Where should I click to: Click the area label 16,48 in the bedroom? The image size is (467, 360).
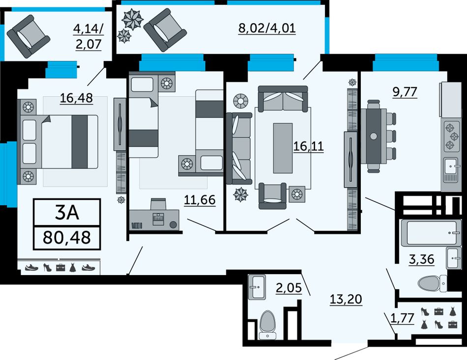point(77,98)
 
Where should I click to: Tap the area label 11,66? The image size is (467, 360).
point(200,199)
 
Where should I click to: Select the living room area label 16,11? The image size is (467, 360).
point(309,146)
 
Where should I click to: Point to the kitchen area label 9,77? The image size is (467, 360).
point(405,92)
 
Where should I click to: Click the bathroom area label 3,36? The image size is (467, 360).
point(421,259)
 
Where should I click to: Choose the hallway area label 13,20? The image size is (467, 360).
point(346,299)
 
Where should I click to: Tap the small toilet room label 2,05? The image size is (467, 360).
point(289,288)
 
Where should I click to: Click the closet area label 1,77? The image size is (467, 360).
point(402,318)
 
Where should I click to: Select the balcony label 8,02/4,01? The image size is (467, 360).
point(267,28)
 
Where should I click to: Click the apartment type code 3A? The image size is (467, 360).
point(67,213)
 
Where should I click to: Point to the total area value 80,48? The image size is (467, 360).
point(67,237)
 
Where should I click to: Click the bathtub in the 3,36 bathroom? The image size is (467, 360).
point(431,232)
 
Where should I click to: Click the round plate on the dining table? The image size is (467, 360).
point(373,137)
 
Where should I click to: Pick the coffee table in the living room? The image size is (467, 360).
point(283,148)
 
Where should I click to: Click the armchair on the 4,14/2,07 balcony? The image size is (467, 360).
point(29,36)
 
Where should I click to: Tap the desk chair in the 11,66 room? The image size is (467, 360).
point(158,204)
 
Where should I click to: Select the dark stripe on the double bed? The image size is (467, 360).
point(80,142)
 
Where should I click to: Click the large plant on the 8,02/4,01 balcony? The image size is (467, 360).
point(133,19)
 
